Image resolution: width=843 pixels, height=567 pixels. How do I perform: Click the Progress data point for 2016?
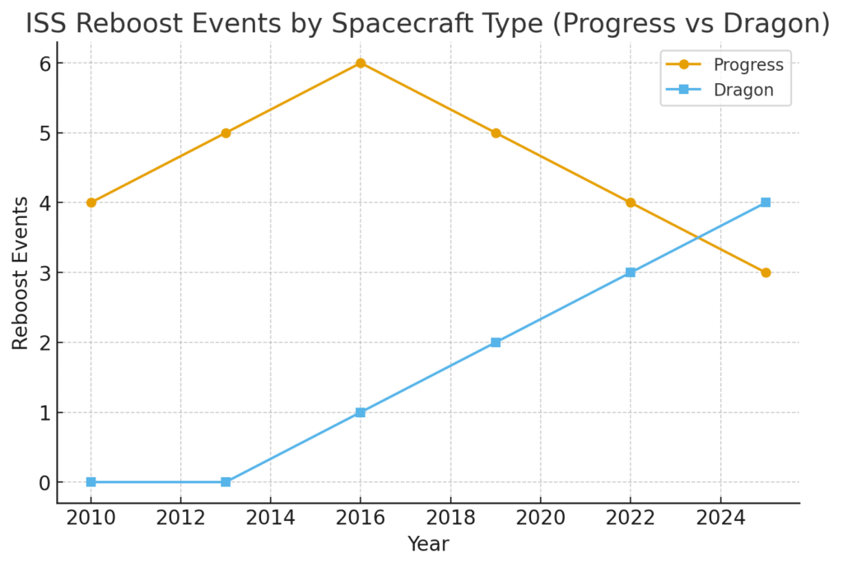pyautogui.click(x=361, y=63)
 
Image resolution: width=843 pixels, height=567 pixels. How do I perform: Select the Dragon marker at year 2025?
pyautogui.click(x=766, y=202)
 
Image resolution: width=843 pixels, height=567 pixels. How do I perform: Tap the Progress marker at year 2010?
pyautogui.click(x=91, y=202)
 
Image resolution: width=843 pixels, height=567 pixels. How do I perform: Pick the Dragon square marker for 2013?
pyautogui.click(x=226, y=482)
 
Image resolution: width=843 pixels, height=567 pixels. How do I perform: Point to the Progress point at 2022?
pyautogui.click(x=631, y=202)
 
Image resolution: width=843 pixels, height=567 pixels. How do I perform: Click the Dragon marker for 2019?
pyautogui.click(x=496, y=342)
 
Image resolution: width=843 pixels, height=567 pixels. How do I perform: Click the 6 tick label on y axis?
pyautogui.click(x=44, y=63)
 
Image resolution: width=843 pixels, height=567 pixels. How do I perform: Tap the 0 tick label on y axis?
pyautogui.click(x=44, y=483)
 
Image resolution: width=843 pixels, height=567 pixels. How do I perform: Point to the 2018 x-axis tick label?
pyautogui.click(x=450, y=518)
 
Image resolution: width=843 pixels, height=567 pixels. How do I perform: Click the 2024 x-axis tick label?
pyautogui.click(x=720, y=518)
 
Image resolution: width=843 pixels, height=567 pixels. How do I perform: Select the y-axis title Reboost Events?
pyautogui.click(x=21, y=272)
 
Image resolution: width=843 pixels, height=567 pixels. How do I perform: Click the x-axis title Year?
pyautogui.click(x=428, y=544)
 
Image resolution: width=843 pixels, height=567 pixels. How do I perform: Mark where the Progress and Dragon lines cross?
pyautogui.click(x=698, y=238)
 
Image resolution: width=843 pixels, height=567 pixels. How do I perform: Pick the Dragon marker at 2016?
pyautogui.click(x=361, y=412)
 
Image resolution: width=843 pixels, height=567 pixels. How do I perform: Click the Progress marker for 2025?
pyautogui.click(x=766, y=272)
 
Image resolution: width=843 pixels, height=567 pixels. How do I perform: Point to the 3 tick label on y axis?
pyautogui.click(x=44, y=273)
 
